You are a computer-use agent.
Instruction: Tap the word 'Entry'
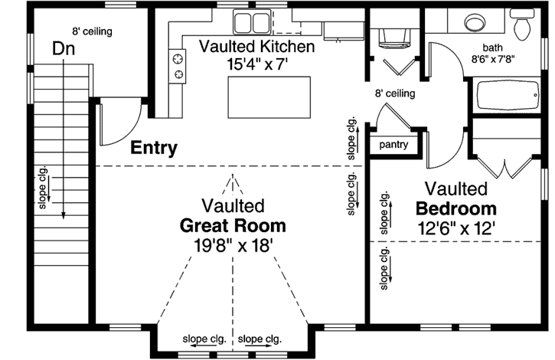(x=154, y=148)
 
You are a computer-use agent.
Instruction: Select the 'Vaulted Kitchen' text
(x=256, y=47)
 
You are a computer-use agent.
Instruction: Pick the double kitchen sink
(x=252, y=21)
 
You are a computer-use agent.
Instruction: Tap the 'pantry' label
(x=394, y=145)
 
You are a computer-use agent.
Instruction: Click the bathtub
(x=508, y=100)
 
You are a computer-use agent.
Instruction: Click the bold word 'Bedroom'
(x=456, y=208)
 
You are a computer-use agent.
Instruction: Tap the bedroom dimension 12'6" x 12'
(x=456, y=227)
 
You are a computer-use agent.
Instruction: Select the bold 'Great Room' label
(x=233, y=226)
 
